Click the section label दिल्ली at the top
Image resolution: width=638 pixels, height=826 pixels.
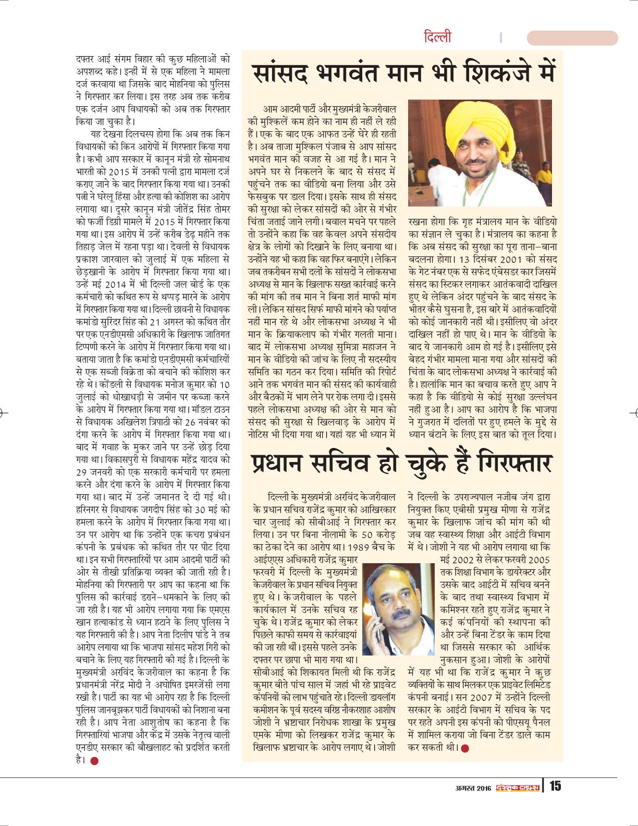click(x=437, y=38)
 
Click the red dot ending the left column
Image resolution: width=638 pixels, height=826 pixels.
click(x=94, y=760)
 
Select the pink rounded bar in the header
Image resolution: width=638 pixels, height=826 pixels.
click(x=572, y=38)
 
